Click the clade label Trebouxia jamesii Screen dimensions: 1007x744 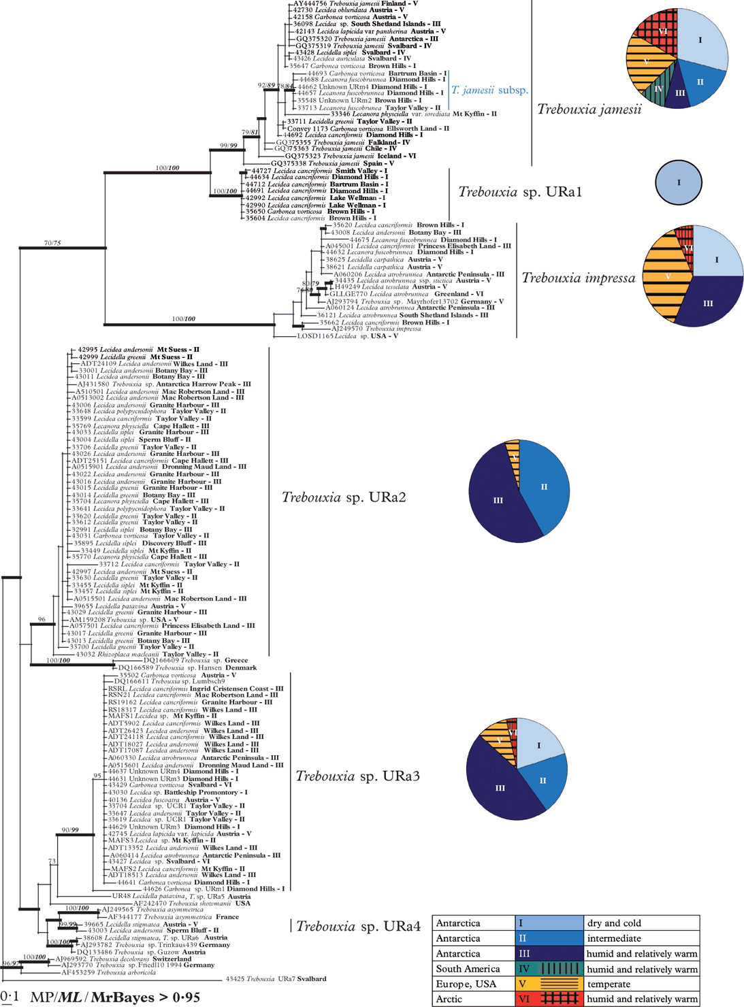pyautogui.click(x=589, y=109)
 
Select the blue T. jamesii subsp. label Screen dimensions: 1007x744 pyautogui.click(x=489, y=90)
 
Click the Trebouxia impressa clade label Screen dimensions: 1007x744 pyautogui.click(x=578, y=278)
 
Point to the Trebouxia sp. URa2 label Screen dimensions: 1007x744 pyautogui.click(x=344, y=497)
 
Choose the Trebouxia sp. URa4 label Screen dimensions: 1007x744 pyautogui.click(x=358, y=926)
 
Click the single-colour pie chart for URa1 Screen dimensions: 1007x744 pyautogui.click(x=678, y=183)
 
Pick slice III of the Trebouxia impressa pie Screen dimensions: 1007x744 pyautogui.click(x=708, y=303)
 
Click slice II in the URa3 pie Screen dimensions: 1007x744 pyautogui.click(x=543, y=780)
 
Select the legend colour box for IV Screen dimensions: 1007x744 pyautogui.click(x=549, y=969)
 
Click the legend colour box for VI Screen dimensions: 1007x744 pyautogui.click(x=549, y=999)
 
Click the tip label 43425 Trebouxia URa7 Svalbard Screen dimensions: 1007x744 pyautogui.click(x=276, y=979)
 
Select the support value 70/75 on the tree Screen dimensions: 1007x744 pyautogui.click(x=52, y=243)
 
